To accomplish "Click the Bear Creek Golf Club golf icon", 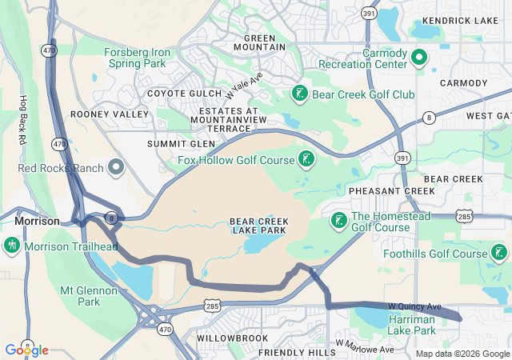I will pyautogui.click(x=299, y=94).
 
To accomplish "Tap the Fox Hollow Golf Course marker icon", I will pyautogui.click(x=306, y=159).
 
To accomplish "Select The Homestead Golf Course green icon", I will pyautogui.click(x=339, y=220).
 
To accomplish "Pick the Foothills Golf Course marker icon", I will pyautogui.click(x=499, y=254).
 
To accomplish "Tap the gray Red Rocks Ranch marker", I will pyautogui.click(x=116, y=168).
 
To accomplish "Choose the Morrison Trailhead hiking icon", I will pyautogui.click(x=11, y=245).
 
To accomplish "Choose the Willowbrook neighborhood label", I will pyautogui.click(x=232, y=338).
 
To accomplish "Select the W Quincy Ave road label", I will pyautogui.click(x=414, y=306).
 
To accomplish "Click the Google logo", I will pyautogui.click(x=26, y=350).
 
